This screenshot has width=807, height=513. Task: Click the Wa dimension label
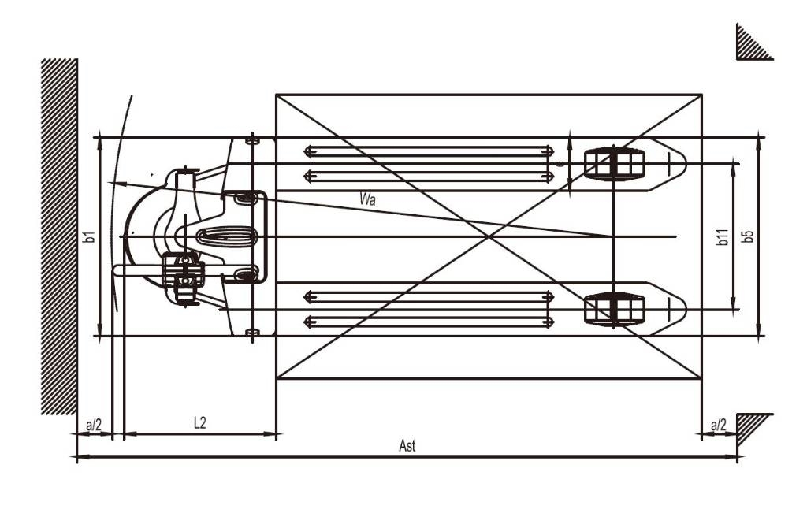[368, 199]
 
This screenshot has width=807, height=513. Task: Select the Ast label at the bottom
[407, 445]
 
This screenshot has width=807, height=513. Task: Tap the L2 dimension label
[199, 423]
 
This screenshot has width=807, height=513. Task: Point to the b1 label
[90, 236]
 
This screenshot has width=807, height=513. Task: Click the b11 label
[723, 236]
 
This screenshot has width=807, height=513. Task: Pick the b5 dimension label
[748, 236]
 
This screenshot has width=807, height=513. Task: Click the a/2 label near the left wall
[94, 426]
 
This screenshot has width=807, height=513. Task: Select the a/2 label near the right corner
[718, 426]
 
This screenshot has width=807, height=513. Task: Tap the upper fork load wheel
[614, 164]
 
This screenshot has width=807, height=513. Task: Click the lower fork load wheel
[614, 309]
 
